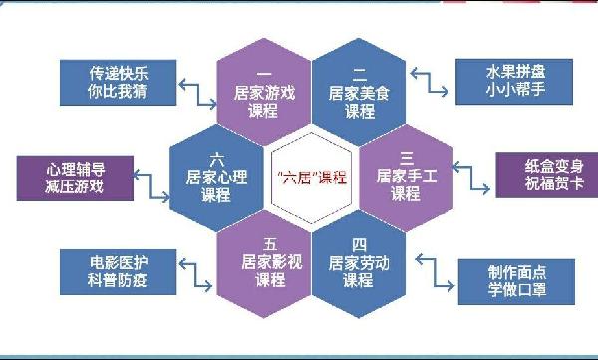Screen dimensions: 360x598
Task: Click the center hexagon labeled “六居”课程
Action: coord(309,177)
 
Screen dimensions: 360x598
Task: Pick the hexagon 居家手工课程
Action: coord(404,177)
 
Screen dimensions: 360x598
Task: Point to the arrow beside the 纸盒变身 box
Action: coord(475,180)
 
